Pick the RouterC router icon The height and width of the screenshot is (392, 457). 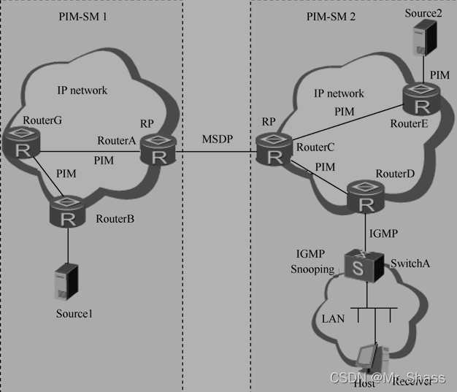(x=274, y=151)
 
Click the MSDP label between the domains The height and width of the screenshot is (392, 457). (x=216, y=139)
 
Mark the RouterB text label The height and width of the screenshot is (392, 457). (x=115, y=218)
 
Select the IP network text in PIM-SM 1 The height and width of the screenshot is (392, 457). (x=82, y=91)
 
